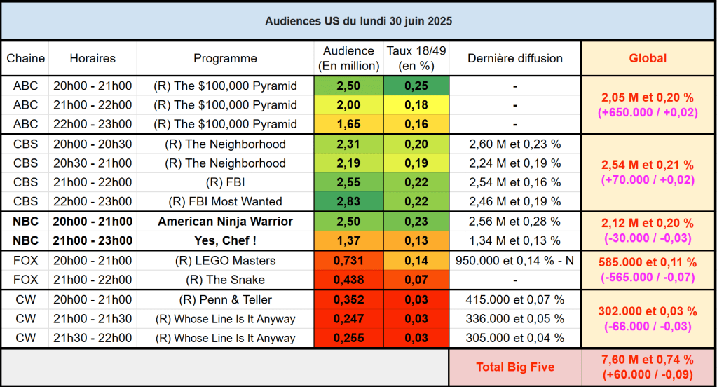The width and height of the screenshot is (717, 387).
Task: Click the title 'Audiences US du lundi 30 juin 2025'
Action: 358,21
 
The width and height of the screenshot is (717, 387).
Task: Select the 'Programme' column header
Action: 225,59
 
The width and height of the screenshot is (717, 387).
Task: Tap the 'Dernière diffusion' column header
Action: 514,59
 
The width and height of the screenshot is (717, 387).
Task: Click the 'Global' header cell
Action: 648,59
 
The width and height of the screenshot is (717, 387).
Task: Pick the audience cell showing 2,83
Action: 348,202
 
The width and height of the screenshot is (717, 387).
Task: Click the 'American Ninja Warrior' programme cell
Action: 225,222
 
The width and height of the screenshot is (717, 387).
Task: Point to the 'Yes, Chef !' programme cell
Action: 225,241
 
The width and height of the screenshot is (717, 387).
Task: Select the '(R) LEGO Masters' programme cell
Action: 225,261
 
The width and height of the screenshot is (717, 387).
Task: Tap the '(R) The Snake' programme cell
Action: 225,280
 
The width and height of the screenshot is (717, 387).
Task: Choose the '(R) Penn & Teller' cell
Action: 225,299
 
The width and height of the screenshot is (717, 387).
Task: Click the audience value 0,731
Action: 348,261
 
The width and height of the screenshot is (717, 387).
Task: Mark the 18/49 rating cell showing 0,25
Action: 416,86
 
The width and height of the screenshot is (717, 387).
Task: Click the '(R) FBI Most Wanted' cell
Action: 225,202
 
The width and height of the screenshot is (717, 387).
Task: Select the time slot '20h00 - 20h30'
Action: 93,144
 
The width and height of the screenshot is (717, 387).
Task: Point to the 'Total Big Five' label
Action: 514,367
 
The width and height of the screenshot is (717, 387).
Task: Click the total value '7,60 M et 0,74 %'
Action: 648,360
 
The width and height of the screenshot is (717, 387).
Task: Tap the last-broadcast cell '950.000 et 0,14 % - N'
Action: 514,261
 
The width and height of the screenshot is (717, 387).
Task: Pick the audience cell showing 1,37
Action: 348,241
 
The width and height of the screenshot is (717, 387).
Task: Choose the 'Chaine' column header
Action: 26,59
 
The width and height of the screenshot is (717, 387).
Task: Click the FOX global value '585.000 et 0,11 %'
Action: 648,263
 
